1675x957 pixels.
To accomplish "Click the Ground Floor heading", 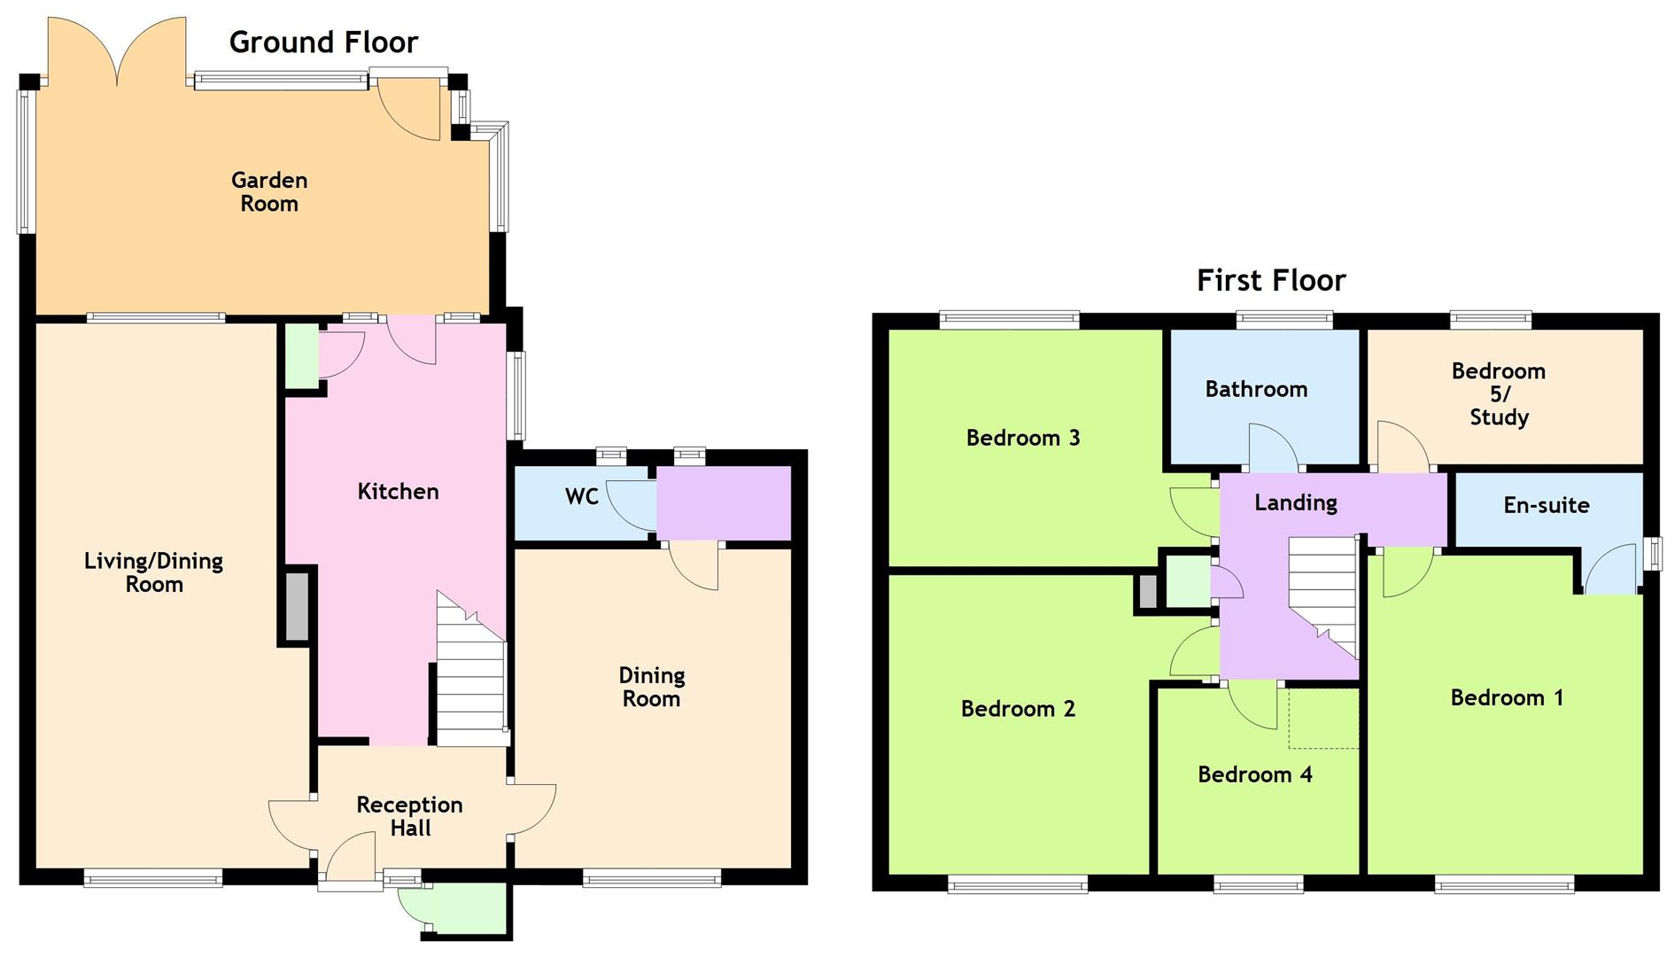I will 323,43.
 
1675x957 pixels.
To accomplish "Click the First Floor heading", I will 1270,281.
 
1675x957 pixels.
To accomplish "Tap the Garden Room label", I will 269,191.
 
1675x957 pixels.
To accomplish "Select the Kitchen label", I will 398,492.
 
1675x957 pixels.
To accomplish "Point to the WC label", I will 581,496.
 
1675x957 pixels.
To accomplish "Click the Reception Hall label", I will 409,816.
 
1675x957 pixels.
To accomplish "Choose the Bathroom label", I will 1255,389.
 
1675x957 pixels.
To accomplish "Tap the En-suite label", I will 1546,505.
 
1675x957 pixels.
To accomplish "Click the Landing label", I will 1295,502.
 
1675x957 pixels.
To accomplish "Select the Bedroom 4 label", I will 1254,774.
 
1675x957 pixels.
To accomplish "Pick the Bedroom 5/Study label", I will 1498,393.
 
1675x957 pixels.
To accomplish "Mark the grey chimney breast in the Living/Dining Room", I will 297,607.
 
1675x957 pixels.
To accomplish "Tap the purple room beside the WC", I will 723,502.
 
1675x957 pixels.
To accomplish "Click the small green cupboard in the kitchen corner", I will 301,355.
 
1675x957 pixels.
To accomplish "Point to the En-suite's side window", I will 1652,555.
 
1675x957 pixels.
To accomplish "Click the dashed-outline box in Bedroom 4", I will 1323,718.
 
